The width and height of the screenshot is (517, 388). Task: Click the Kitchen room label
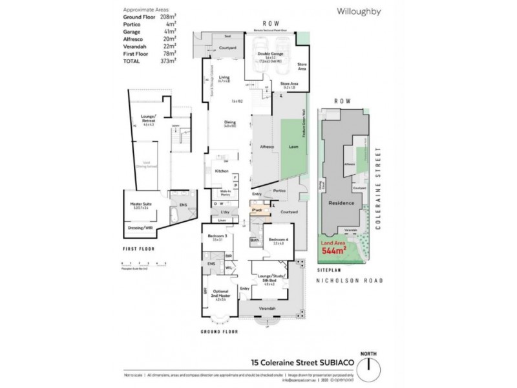(222, 171)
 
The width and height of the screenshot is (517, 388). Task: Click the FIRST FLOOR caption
(137, 248)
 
